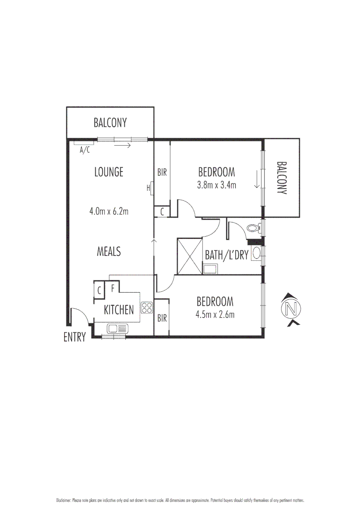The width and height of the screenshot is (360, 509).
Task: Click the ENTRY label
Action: coord(74,337)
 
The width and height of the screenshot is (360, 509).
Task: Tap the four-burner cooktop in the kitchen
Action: coord(147,308)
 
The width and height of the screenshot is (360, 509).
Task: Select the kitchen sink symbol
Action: coord(115,328)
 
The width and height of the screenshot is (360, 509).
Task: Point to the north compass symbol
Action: coord(290,309)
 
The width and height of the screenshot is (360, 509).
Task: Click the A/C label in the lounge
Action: coord(84,150)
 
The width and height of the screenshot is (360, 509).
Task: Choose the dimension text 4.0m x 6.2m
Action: coord(109,211)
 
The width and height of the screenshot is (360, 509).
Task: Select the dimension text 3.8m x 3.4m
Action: coord(216,185)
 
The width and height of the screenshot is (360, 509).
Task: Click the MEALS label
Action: coord(109,252)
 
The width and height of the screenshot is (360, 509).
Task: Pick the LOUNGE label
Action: coord(109,172)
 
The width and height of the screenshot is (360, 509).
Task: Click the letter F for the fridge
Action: coord(113,287)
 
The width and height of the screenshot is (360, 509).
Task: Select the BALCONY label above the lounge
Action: coord(110,123)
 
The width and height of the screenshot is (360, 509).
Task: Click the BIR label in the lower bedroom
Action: coord(162,318)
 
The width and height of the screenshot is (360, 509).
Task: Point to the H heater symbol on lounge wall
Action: coord(149,188)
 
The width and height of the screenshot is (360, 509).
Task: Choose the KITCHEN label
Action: coord(119,310)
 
